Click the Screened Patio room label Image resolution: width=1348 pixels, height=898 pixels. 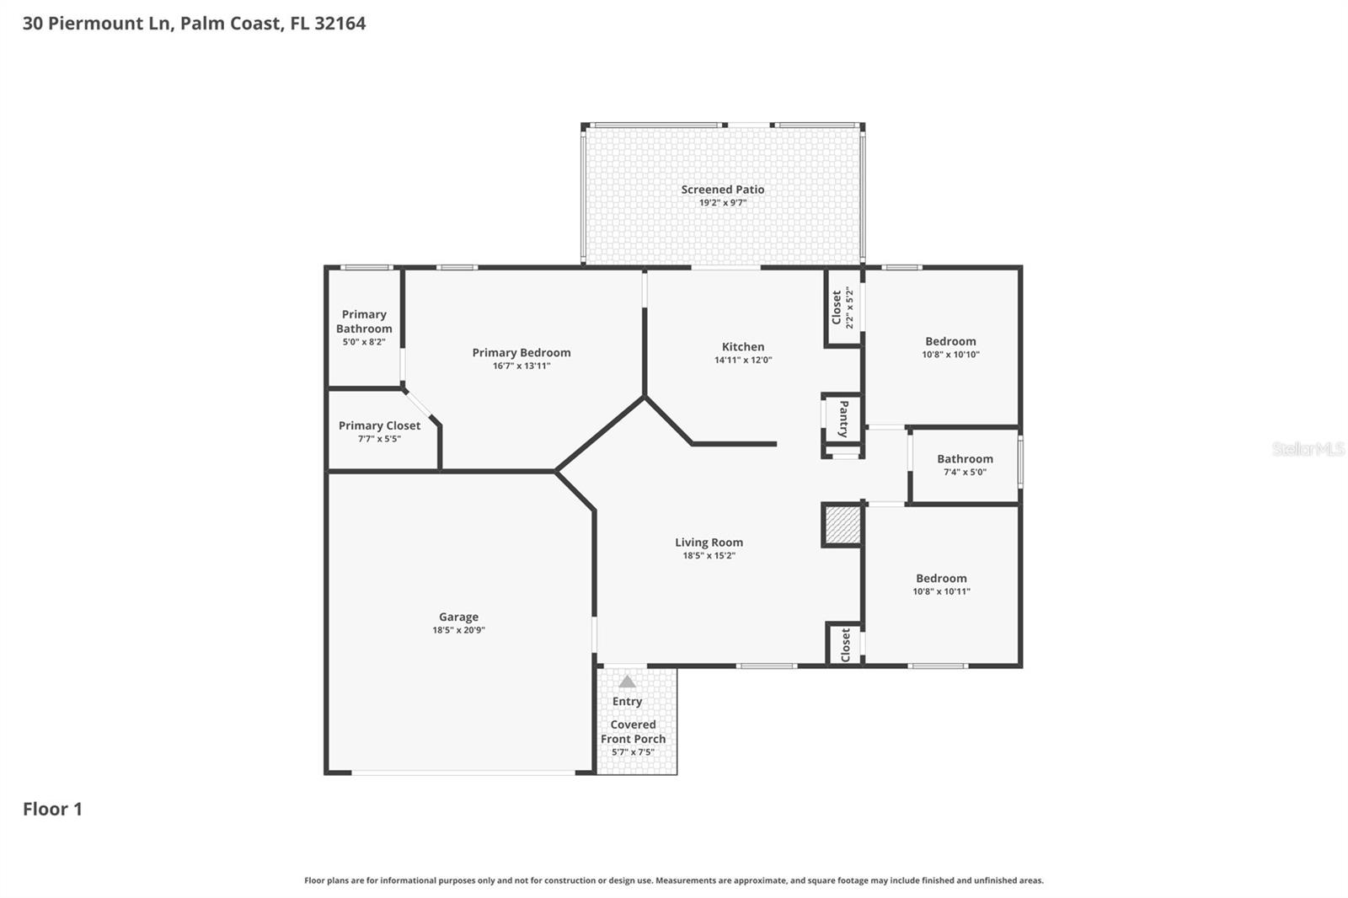pyautogui.click(x=723, y=190)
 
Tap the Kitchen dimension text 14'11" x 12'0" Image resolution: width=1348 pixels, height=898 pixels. pyautogui.click(x=743, y=360)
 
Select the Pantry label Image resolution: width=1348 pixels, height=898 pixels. pyautogui.click(x=843, y=419)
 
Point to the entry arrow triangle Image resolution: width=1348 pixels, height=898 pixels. pyautogui.click(x=627, y=682)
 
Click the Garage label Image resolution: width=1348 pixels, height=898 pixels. pyautogui.click(x=458, y=617)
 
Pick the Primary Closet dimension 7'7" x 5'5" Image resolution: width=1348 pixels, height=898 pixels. pyautogui.click(x=379, y=439)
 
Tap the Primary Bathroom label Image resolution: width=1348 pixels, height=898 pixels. pyautogui.click(x=364, y=322)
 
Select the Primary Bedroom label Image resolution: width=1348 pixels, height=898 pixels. pyautogui.click(x=521, y=353)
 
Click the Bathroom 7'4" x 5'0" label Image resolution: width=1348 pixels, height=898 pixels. pyautogui.click(x=965, y=459)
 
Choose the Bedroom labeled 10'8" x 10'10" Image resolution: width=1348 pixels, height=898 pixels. pyautogui.click(x=950, y=341)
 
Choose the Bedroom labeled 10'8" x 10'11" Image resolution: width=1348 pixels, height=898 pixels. pyautogui.click(x=941, y=579)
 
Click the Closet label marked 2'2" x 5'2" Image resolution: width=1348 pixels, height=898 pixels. pyautogui.click(x=837, y=307)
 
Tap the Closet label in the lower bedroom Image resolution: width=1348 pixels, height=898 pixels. pyautogui.click(x=845, y=645)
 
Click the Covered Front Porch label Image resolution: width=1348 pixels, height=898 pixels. pyautogui.click(x=633, y=731)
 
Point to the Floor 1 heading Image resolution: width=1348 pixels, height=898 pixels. pyautogui.click(x=52, y=809)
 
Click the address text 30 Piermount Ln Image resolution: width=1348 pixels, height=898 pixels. pyautogui.click(x=98, y=24)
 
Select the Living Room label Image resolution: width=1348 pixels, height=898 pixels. pyautogui.click(x=709, y=543)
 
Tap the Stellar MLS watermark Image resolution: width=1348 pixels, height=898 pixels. pyautogui.click(x=1308, y=449)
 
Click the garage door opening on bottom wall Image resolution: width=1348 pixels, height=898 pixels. pyautogui.click(x=463, y=772)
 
